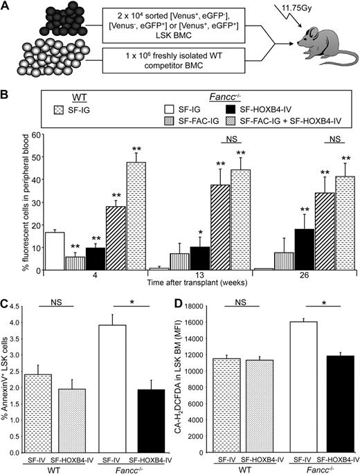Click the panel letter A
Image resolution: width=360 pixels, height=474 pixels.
coord(6,6)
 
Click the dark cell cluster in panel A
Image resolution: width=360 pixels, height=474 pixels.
coord(41,18)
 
